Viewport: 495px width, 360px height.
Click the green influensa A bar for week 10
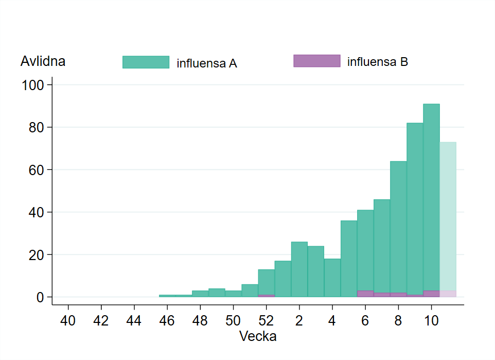point(431,196)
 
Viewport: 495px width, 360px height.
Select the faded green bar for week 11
point(448,216)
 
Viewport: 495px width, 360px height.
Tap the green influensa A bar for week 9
point(415,206)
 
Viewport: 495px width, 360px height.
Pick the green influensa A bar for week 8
point(398,227)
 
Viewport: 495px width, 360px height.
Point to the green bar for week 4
point(332,278)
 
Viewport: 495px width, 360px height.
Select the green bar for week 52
point(267,281)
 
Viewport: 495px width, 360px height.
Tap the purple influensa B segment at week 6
point(365,294)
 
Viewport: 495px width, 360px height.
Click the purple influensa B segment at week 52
point(267,296)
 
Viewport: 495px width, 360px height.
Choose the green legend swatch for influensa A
point(146,62)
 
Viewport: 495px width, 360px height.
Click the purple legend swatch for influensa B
point(316,61)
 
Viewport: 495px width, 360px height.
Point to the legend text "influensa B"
point(378,62)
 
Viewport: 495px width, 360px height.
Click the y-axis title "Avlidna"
point(43,61)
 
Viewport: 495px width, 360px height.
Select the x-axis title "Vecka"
point(258,337)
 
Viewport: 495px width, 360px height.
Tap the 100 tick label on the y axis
point(34,84)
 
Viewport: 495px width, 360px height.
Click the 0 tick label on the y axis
point(40,297)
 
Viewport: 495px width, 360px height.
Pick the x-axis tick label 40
point(68,320)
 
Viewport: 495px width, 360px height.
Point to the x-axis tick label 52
point(267,320)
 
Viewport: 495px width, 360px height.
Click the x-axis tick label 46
point(167,320)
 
